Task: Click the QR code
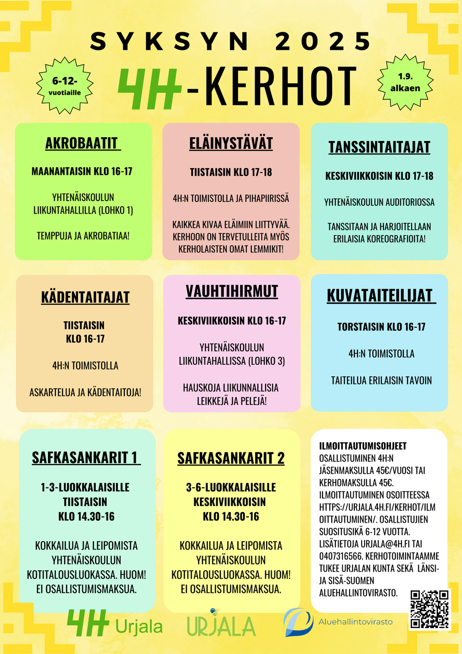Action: pyautogui.click(x=430, y=609)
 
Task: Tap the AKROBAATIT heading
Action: pyautogui.click(x=83, y=143)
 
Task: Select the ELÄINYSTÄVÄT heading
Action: pyautogui.click(x=231, y=143)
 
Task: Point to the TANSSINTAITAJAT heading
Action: pyautogui.click(x=379, y=147)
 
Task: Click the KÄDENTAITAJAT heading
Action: pyautogui.click(x=85, y=297)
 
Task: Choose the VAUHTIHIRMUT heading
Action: pyautogui.click(x=232, y=291)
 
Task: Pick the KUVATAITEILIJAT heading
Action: pyautogui.click(x=380, y=296)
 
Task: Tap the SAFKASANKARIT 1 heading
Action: pyautogui.click(x=85, y=458)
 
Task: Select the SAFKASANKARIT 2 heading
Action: pyautogui.click(x=231, y=458)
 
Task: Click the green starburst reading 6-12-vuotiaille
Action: pyautogui.click(x=65, y=86)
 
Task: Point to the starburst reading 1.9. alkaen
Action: pyautogui.click(x=405, y=82)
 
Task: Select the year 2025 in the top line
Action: pyautogui.click(x=323, y=42)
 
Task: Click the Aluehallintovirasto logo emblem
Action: pyautogui.click(x=298, y=622)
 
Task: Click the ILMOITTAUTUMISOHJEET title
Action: pyautogui.click(x=363, y=446)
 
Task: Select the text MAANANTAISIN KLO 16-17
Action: pyautogui.click(x=82, y=171)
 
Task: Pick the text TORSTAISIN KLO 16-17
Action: pyautogui.click(x=381, y=327)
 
